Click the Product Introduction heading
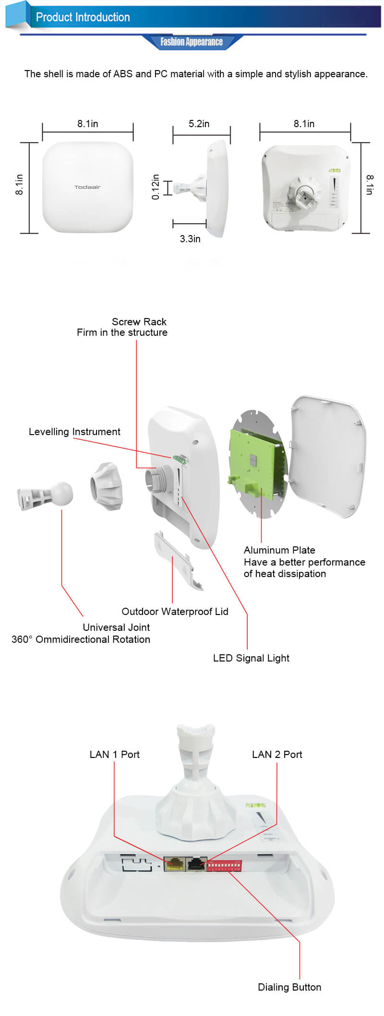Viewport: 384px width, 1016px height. [x=83, y=18]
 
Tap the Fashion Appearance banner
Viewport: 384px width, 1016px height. [x=192, y=42]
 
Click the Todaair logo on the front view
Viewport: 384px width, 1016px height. [x=87, y=187]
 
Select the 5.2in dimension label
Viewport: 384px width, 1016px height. [x=199, y=124]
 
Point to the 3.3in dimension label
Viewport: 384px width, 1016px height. [x=190, y=239]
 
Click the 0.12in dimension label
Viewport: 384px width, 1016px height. [x=156, y=187]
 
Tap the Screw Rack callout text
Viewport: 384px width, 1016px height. [x=139, y=322]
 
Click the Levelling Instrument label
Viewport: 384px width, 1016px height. [x=74, y=432]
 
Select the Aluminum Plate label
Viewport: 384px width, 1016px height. [x=279, y=550]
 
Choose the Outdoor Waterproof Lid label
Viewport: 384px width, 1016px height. [x=175, y=612]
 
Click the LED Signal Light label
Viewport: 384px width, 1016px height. [x=251, y=658]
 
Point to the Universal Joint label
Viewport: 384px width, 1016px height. [x=116, y=627]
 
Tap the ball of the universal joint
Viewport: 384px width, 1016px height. [x=62, y=493]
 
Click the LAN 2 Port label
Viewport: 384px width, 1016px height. [x=277, y=755]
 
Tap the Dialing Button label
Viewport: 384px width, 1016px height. [x=289, y=987]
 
